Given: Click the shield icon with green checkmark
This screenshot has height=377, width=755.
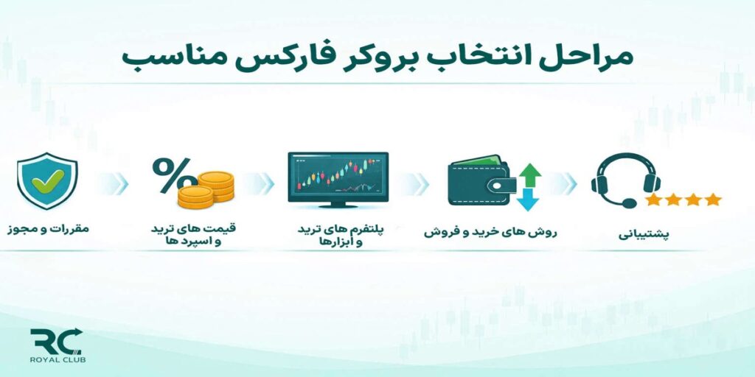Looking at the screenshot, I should click(47, 181).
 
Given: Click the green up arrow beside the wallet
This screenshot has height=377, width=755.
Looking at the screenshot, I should click(529, 174).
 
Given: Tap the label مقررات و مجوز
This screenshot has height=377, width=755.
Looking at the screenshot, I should click(48, 228).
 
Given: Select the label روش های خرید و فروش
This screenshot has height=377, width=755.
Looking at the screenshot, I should click(490, 231).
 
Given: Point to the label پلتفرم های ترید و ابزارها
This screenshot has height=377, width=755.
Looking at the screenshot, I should click(338, 236).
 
